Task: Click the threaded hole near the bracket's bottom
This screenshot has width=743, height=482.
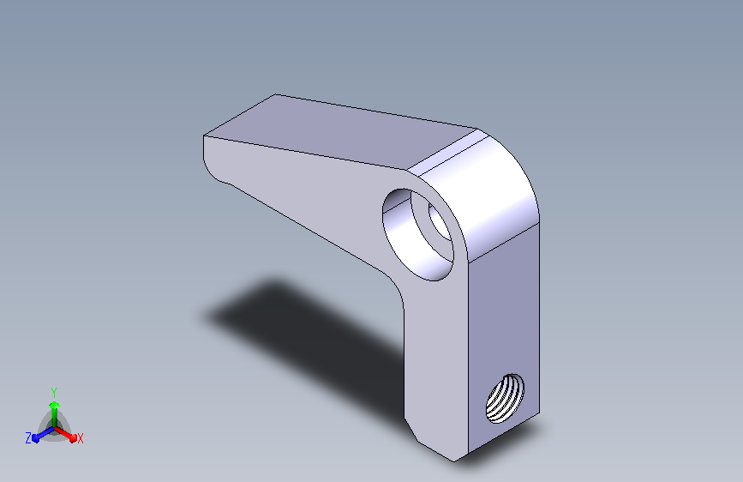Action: [505, 398]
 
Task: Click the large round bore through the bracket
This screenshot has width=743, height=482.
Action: [417, 235]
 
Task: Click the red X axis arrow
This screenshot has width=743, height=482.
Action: [65, 434]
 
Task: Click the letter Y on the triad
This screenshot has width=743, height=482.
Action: [54, 393]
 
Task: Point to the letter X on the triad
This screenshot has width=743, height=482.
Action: [80, 439]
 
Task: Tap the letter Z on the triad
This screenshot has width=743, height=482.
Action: [28, 438]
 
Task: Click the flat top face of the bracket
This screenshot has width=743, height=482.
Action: [339, 130]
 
